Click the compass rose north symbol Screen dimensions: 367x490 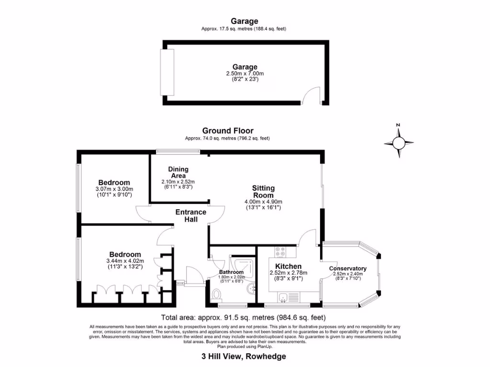click(398, 142)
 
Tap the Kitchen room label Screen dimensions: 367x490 click(288, 266)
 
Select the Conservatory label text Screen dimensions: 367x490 click(348, 269)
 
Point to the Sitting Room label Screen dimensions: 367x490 click(263, 192)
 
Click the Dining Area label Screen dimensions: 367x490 click(178, 172)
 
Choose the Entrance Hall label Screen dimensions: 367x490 click(191, 216)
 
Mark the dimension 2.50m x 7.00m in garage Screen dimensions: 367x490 click(245, 74)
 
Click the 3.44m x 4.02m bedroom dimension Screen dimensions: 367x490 click(125, 261)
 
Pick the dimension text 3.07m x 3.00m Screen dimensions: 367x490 click(114, 189)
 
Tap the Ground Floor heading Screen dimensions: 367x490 click(228, 130)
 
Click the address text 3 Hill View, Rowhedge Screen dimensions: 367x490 click(244, 356)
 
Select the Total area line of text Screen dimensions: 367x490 click(244, 317)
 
